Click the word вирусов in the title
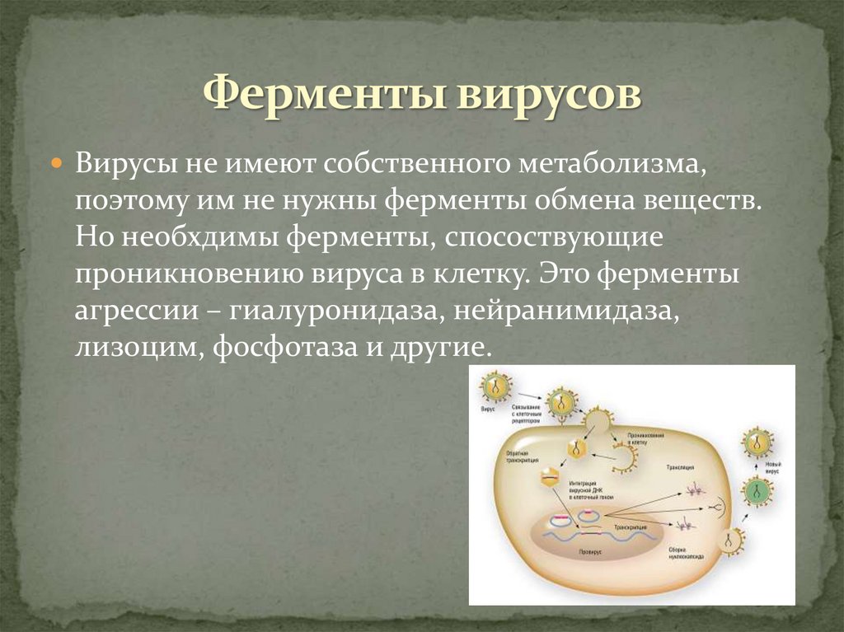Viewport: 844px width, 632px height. point(545,94)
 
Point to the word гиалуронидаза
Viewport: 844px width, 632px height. point(339,313)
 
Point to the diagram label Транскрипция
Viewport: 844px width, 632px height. point(631,525)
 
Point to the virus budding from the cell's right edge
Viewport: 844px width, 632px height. point(730,539)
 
